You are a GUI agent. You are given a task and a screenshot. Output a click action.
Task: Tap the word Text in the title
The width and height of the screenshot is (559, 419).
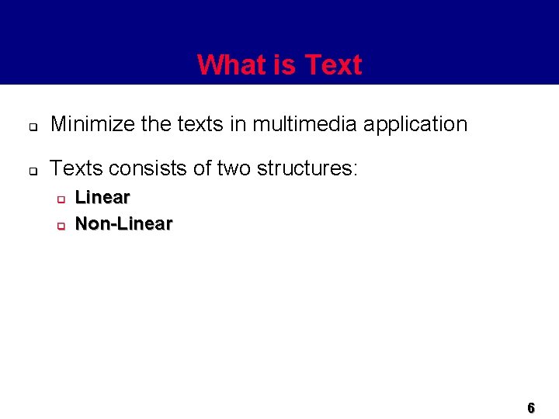pyautogui.click(x=334, y=65)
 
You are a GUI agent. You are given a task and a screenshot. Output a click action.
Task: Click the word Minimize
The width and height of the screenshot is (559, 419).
pyautogui.click(x=89, y=124)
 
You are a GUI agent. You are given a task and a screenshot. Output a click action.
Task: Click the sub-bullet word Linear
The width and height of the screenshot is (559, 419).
pyautogui.click(x=102, y=198)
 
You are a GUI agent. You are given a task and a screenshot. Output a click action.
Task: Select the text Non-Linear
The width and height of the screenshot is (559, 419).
pyautogui.click(x=123, y=224)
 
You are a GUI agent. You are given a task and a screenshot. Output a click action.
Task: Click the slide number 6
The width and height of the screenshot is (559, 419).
pyautogui.click(x=531, y=407)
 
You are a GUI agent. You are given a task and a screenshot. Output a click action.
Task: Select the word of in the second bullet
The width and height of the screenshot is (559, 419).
pyautogui.click(x=201, y=168)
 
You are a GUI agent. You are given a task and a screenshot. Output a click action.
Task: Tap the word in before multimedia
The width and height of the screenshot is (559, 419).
pyautogui.click(x=238, y=124)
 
